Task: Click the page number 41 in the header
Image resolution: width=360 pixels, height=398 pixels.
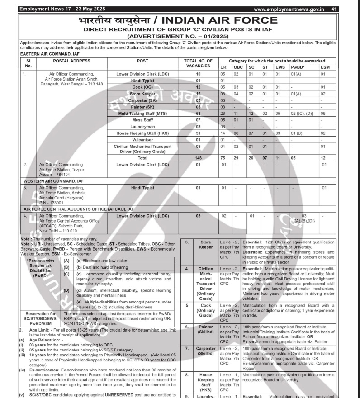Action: (334, 9)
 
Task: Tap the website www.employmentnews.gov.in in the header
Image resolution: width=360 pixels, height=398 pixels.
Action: (290, 9)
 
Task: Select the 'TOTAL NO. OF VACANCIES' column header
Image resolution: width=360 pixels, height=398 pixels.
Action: (198, 63)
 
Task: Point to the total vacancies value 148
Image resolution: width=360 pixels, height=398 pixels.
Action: (198, 158)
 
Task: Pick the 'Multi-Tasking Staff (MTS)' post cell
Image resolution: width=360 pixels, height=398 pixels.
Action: (142, 113)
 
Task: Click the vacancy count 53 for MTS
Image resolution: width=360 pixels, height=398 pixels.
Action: (198, 113)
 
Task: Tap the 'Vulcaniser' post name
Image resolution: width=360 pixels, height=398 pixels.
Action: (142, 139)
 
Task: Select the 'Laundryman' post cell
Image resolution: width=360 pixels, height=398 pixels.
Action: (142, 126)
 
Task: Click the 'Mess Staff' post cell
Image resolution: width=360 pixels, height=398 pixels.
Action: (142, 120)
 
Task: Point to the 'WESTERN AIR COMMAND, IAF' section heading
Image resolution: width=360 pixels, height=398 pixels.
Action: (53, 180)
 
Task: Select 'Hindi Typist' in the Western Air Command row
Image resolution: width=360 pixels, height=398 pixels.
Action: (142, 187)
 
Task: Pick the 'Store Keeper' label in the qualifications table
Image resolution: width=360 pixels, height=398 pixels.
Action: (206, 245)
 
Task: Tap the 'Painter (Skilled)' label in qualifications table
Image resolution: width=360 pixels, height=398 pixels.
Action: (206, 329)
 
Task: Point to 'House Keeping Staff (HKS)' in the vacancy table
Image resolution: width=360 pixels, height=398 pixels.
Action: (142, 133)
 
